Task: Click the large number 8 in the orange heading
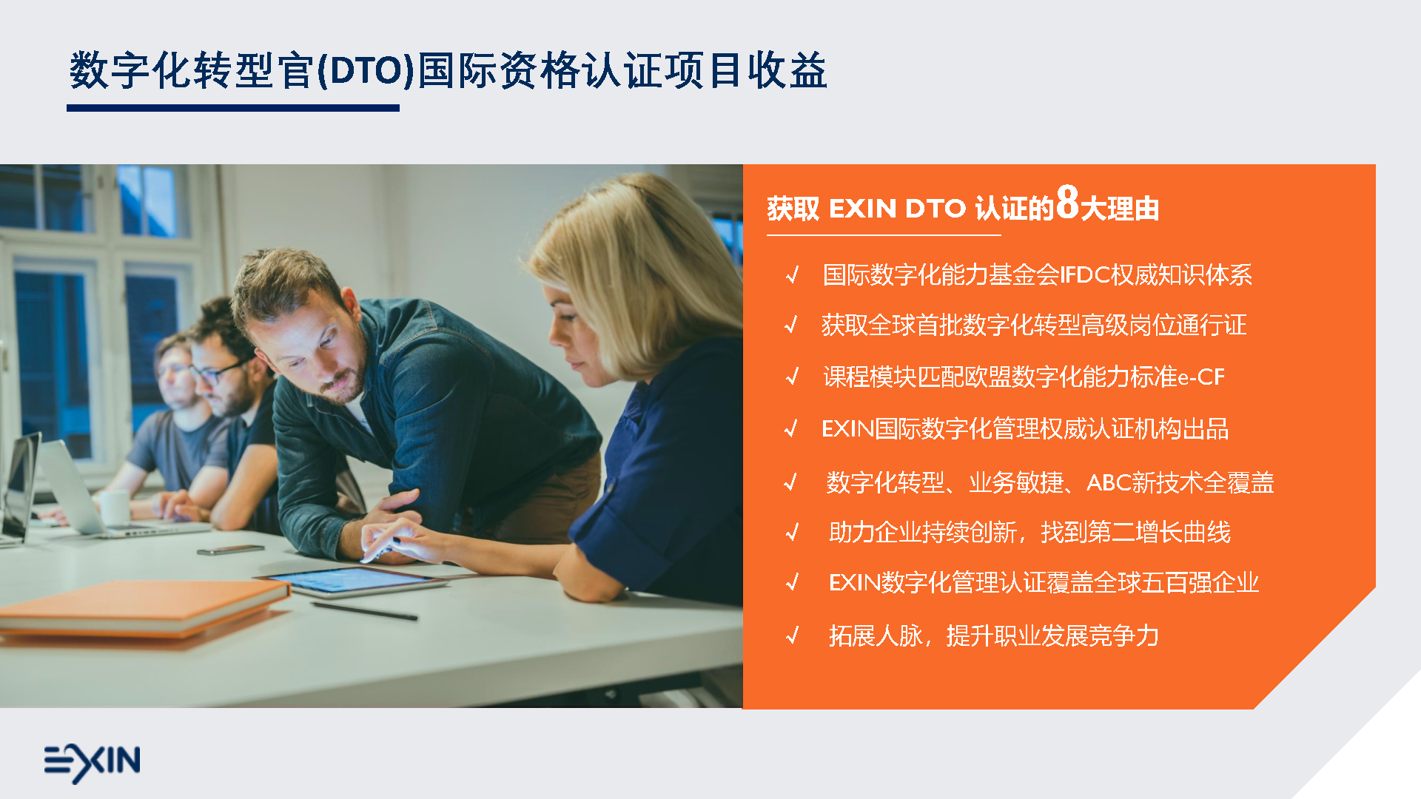coord(1067,203)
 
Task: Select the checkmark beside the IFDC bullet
coord(793,275)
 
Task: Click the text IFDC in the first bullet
coord(1084,275)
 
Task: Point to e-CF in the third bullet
coord(1201,377)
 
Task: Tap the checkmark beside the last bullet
coord(793,636)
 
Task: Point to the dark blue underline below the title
coord(233,108)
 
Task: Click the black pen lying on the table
coord(364,611)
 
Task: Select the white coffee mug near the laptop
coord(115,508)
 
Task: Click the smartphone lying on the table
coord(230,550)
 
